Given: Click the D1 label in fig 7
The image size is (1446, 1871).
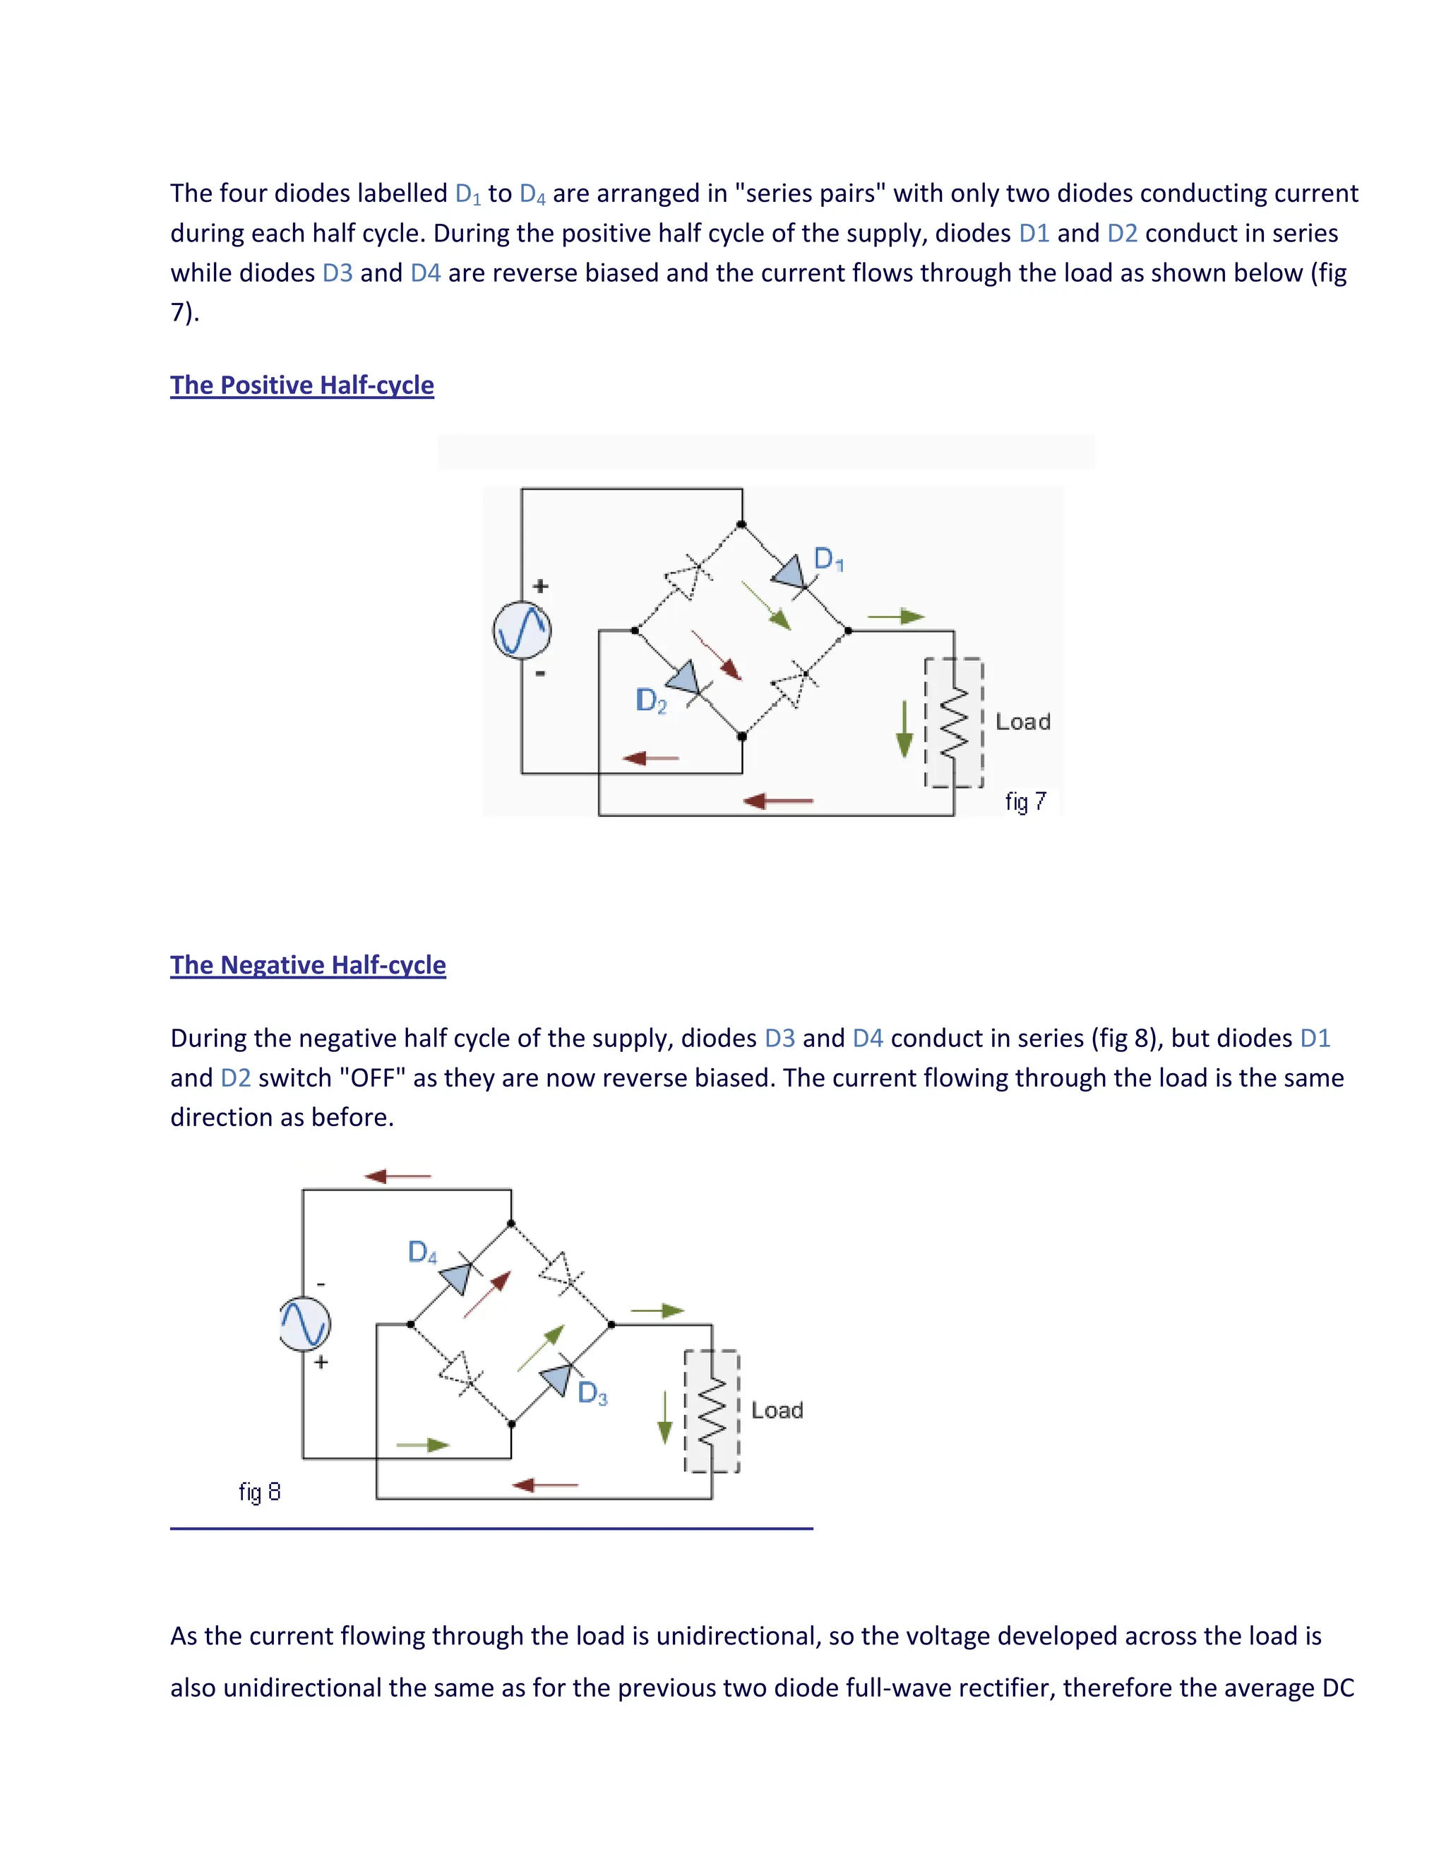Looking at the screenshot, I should (828, 559).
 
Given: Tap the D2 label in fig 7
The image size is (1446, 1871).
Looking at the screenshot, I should (651, 701).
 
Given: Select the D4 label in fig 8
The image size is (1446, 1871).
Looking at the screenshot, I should (422, 1253).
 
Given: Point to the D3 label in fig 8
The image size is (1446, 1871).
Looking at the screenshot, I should (592, 1393).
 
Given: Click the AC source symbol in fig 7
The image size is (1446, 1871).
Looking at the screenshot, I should (522, 630).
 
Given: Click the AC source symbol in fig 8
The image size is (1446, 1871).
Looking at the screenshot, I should (305, 1324).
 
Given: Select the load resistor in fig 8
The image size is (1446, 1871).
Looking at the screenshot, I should (712, 1411).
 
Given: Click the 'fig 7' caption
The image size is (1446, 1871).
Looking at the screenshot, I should (1025, 802).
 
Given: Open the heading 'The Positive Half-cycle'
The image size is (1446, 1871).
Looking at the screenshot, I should (301, 385).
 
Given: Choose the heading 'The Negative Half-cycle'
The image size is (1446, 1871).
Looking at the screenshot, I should (308, 965).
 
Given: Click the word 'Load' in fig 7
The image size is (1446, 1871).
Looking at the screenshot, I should (1023, 722).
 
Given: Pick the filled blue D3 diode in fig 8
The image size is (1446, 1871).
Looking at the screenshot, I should (557, 1378).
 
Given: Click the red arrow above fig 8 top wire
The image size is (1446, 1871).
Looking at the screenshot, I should (398, 1176).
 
